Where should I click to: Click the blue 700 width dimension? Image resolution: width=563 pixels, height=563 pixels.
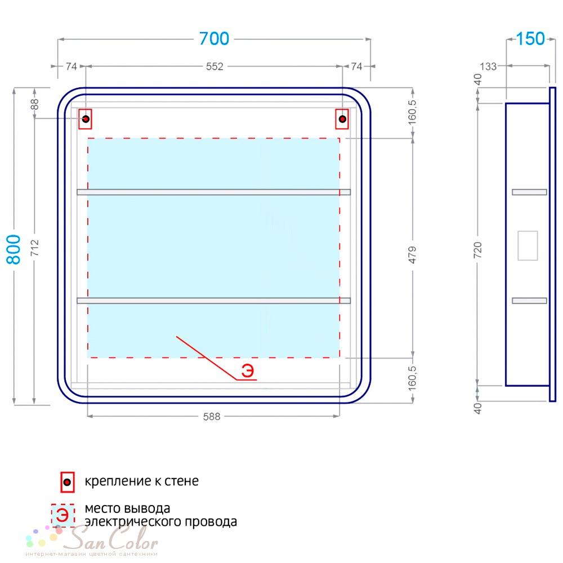coord(214,39)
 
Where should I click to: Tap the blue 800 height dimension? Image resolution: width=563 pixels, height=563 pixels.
coord(14,249)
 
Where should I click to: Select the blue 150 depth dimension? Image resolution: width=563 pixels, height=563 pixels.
coord(530,39)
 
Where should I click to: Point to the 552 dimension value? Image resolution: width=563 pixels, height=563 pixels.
coord(215,66)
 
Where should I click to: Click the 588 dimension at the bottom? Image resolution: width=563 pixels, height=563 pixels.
coord(212,417)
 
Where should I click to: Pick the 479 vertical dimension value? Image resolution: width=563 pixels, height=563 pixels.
coord(412,254)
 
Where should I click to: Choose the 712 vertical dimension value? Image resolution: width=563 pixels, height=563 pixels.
coord(34,248)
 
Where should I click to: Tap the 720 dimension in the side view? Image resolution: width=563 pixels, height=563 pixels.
coord(477,250)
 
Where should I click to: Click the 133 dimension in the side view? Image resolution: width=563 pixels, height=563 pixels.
coord(488,66)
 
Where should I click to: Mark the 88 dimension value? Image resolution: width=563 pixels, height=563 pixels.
coord(34,104)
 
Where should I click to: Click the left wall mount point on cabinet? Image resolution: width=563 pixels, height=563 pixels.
coord(86,119)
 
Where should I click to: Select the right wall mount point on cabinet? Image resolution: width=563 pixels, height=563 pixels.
coord(342,119)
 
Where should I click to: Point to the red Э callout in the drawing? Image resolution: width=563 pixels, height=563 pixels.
coord(247,370)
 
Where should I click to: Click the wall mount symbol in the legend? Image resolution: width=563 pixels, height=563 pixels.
coord(67,482)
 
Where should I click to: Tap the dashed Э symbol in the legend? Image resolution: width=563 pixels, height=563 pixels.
coord(63,516)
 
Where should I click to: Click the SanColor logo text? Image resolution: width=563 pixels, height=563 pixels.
coord(113,539)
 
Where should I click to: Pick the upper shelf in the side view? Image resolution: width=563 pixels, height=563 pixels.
coord(529,192)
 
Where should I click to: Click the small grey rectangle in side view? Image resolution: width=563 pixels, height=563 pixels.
coord(528,245)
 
